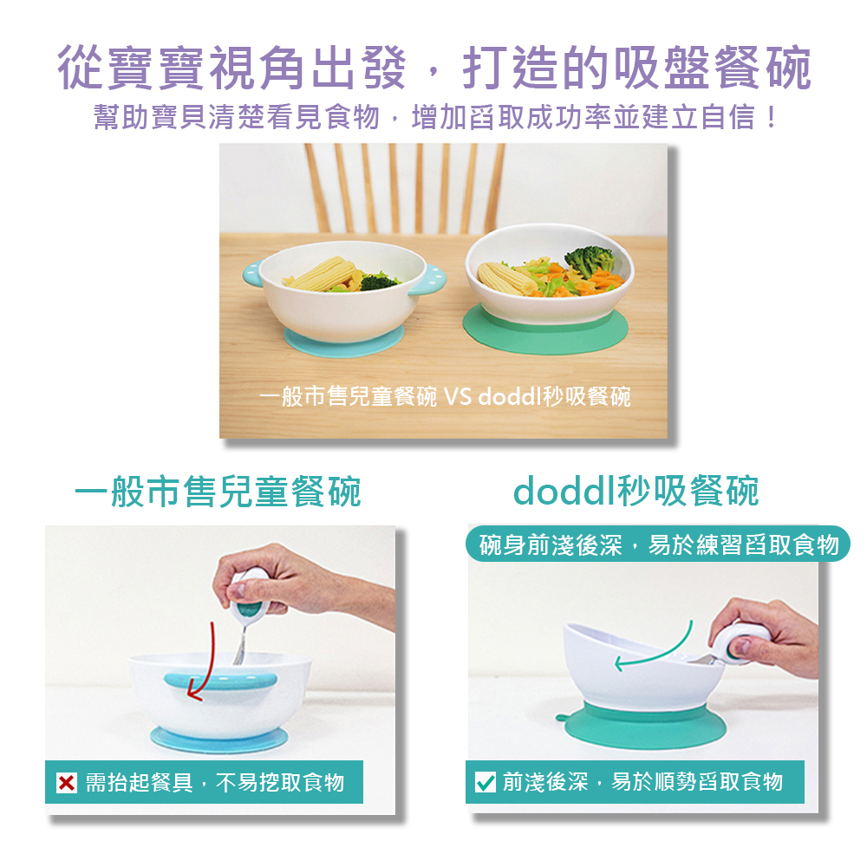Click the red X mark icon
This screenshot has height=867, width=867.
(67, 782)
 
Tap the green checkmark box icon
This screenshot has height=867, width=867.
(485, 782)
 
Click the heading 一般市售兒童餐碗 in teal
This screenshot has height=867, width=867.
(218, 491)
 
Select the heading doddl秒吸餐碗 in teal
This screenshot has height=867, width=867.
(636, 491)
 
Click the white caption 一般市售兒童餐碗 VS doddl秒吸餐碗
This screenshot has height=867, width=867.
(445, 396)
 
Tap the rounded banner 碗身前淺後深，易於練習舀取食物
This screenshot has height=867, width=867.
(657, 544)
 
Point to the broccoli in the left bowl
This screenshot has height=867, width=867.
(380, 281)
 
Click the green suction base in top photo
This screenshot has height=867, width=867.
(545, 330)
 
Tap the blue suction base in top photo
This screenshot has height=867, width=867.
(343, 341)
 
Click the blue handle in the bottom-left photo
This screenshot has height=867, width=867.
(220, 681)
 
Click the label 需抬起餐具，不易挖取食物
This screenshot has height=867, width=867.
(214, 782)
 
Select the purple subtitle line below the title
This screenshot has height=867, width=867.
(435, 117)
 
